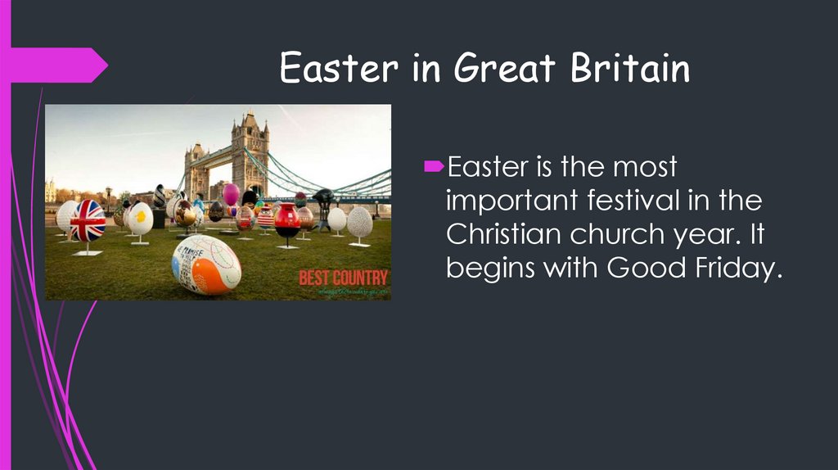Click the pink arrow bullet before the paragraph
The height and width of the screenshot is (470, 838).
435,167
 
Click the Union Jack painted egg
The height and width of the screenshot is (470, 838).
88,220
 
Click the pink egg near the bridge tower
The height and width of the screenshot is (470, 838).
231,194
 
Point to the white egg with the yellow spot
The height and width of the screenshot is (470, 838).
141,218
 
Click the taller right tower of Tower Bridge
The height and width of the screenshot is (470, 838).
250,156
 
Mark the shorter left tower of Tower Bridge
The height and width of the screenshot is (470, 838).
196,169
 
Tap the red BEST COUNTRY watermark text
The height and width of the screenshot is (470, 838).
343,277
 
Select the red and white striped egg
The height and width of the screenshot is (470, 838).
265,217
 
